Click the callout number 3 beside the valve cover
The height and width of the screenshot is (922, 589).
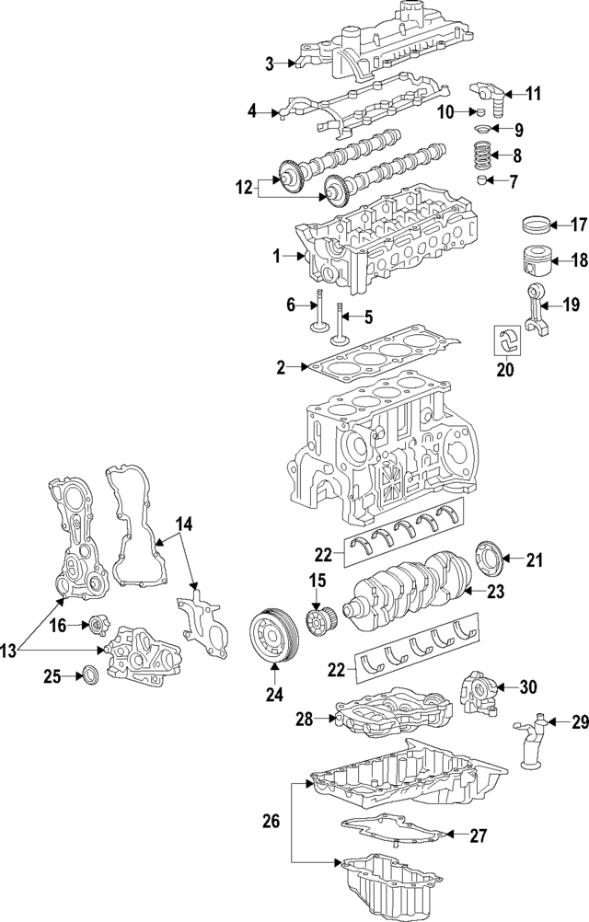[x=270, y=63]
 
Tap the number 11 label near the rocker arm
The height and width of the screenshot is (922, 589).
[x=534, y=93]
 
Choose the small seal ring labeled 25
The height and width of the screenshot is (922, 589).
[x=91, y=677]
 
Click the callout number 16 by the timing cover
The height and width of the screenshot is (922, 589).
[x=56, y=625]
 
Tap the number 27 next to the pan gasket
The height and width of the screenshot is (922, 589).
[x=478, y=836]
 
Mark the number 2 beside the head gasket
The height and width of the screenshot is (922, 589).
[x=282, y=368]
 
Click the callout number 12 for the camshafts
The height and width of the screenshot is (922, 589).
[x=243, y=188]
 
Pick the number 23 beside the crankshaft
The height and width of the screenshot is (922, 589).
[x=495, y=593]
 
